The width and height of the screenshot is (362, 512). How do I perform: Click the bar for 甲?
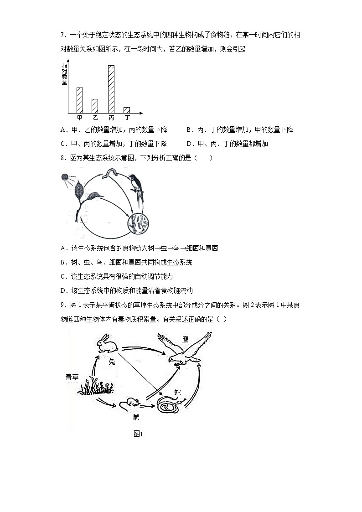80,100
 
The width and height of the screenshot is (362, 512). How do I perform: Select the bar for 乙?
95,106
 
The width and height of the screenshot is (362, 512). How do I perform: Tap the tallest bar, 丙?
111,89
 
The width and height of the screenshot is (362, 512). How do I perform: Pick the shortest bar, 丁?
127,110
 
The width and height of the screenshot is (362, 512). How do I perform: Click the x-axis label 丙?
111,118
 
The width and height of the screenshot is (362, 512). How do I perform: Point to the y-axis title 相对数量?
64,74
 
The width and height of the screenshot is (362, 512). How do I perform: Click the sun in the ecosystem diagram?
65,177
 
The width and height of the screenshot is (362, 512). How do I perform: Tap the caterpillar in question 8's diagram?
111,173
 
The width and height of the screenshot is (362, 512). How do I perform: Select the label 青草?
72,377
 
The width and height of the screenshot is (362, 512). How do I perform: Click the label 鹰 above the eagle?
186,339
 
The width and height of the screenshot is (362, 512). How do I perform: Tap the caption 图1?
138,434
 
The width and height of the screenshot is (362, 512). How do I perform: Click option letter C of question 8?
63,276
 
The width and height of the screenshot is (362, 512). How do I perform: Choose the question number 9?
62,305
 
